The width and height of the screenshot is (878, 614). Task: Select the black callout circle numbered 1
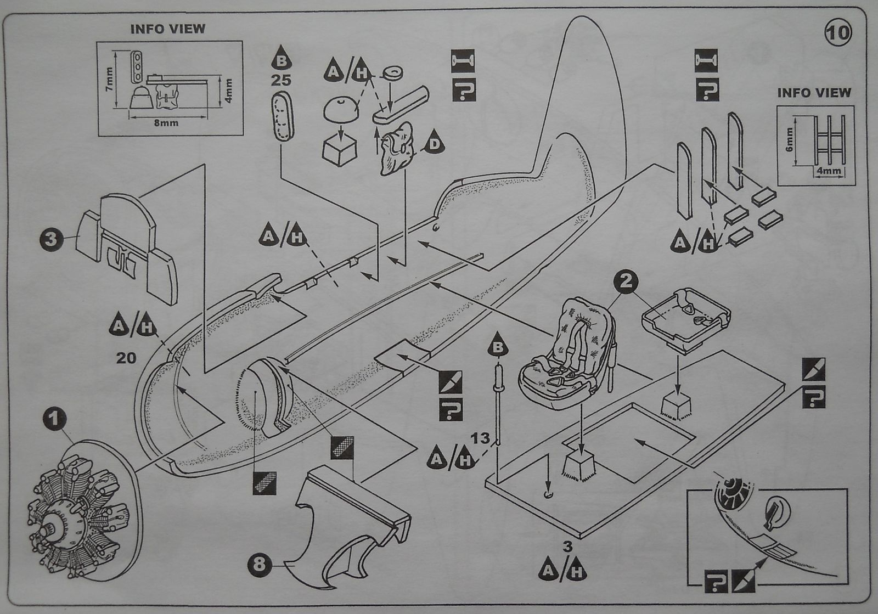(54, 421)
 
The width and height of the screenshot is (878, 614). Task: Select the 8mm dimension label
(165, 123)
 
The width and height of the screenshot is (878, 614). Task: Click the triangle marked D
(434, 143)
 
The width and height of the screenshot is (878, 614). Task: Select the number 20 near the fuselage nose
(126, 358)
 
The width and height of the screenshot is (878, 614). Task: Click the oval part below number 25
(283, 117)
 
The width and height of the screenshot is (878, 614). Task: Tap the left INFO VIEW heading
(167, 29)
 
